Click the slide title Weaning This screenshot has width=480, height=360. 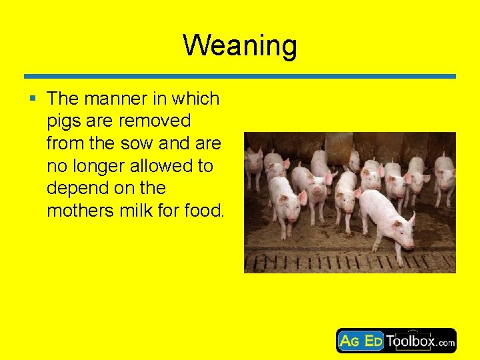pos(240,45)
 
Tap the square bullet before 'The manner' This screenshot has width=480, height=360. pos(32,99)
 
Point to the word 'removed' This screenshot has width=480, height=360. pos(158,121)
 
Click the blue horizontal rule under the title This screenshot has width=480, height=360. pos(240,76)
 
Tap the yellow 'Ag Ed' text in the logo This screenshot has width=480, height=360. pos(361,341)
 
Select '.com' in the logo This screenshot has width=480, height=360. pos(446,344)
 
